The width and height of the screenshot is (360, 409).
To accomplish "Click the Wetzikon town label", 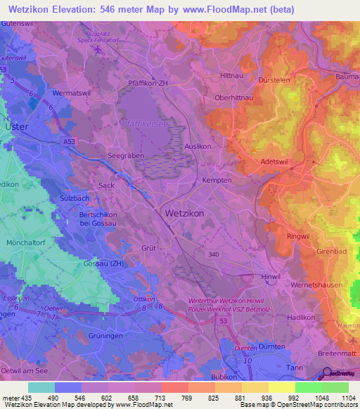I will point(186,212).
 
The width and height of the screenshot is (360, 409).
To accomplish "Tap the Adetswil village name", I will point(276,161).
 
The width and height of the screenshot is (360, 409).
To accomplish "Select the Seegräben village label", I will point(124,157).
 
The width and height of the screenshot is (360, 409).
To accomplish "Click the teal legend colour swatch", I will point(41,387).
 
